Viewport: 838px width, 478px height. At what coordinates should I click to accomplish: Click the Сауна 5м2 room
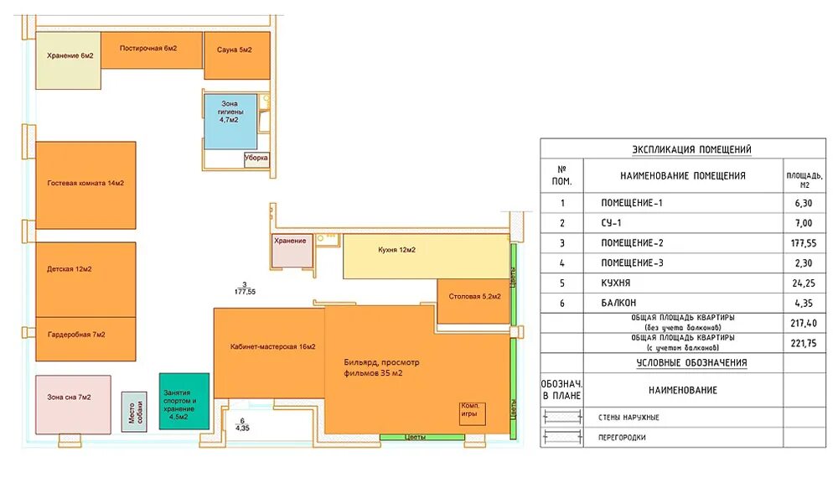tap(237, 55)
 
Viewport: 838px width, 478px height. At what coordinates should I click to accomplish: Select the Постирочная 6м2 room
tap(152, 50)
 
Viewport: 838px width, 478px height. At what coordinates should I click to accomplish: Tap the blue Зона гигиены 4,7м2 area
tap(230, 122)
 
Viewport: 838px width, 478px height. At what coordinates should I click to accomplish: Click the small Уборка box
tap(256, 159)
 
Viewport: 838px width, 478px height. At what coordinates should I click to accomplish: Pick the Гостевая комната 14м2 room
tap(85, 185)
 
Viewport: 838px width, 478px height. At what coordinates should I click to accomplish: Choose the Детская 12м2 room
tap(85, 279)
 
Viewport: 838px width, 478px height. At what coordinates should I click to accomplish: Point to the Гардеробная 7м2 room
tap(85, 339)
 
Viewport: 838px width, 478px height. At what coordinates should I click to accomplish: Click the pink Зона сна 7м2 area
tap(73, 405)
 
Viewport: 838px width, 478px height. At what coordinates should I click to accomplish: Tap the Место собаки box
tap(134, 412)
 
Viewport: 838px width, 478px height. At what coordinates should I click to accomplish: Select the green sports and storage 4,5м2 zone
tap(184, 401)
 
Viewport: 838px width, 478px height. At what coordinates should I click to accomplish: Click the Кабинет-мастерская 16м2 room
tap(269, 353)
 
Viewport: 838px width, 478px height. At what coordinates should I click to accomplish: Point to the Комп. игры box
tap(473, 413)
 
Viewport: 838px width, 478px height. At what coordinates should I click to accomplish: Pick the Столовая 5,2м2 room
tap(473, 301)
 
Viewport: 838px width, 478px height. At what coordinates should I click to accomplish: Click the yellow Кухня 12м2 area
tap(426, 256)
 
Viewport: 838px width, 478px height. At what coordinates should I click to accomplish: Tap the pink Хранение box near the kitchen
tap(292, 250)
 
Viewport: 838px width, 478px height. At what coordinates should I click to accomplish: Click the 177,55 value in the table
tap(804, 243)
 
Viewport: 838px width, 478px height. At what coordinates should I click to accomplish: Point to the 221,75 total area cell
tap(804, 343)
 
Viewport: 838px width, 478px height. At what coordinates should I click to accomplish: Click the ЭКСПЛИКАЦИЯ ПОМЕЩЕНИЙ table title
tap(691, 149)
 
